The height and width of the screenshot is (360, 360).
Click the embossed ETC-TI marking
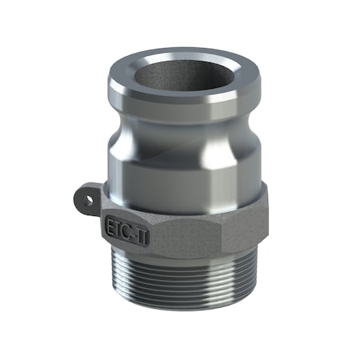point(124,226)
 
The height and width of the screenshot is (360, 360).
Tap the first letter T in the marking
point(118,226)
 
